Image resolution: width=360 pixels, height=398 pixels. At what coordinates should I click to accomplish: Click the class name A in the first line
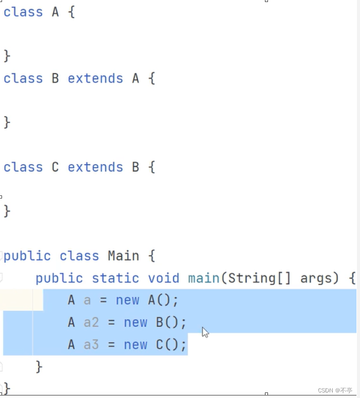tap(56, 12)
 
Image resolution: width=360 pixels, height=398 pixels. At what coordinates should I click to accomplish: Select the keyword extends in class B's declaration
tap(95, 78)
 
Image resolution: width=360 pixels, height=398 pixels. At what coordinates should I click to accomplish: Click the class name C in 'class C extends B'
tap(56, 167)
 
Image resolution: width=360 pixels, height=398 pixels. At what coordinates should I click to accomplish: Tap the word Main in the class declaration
tap(123, 256)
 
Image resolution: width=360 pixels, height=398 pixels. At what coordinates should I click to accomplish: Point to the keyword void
tap(164, 278)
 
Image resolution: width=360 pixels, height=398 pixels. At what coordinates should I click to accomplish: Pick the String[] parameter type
tap(256, 278)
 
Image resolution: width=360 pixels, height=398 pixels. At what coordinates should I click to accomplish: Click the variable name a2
tap(92, 322)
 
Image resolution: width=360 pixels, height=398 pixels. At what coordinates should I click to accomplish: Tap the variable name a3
tap(92, 344)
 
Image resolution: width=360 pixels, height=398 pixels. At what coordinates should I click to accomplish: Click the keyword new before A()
tap(127, 300)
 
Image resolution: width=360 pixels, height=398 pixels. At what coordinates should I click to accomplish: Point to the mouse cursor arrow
tap(205, 331)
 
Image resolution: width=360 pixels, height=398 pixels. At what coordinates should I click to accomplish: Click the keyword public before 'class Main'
tap(27, 256)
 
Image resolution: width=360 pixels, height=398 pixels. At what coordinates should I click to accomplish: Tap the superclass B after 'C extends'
tap(136, 167)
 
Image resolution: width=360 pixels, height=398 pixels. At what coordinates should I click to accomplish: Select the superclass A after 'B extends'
tap(136, 78)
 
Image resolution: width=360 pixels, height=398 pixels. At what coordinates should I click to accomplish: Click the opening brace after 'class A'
tap(71, 12)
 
